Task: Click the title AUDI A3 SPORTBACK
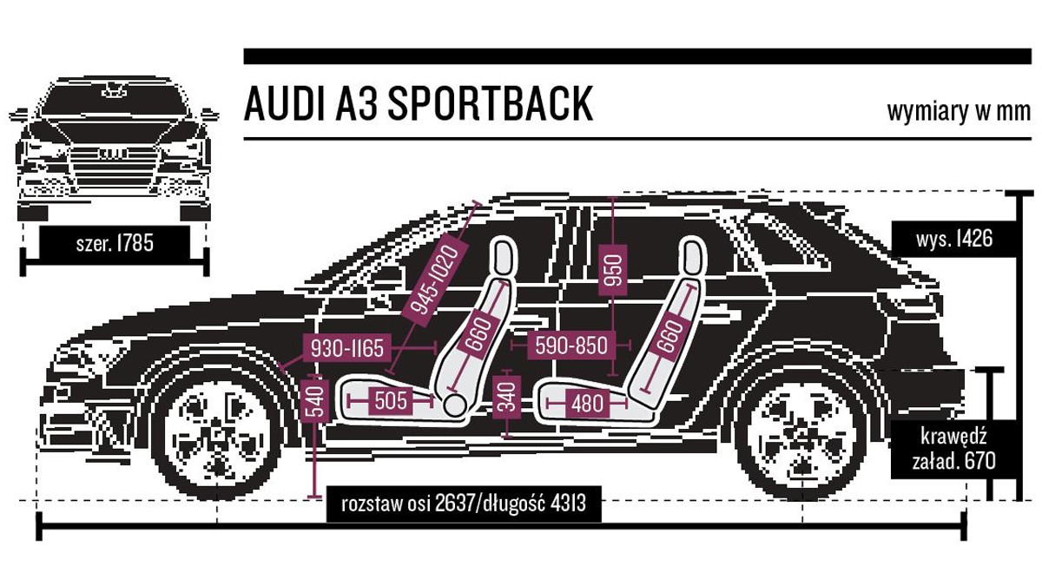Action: (x=419, y=103)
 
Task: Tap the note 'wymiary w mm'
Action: (x=960, y=112)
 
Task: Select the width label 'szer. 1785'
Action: (x=115, y=244)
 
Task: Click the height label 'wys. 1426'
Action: (x=954, y=239)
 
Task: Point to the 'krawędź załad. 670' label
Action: (x=953, y=450)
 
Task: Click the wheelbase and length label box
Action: (x=464, y=504)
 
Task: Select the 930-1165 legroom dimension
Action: (x=347, y=348)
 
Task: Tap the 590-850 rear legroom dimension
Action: (x=571, y=346)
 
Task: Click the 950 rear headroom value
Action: (x=613, y=269)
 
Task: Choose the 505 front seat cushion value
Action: (x=390, y=400)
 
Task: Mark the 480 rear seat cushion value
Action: (x=587, y=403)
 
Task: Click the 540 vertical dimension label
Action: (x=315, y=401)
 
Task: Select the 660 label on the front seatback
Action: (x=479, y=332)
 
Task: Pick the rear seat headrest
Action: (x=692, y=256)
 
